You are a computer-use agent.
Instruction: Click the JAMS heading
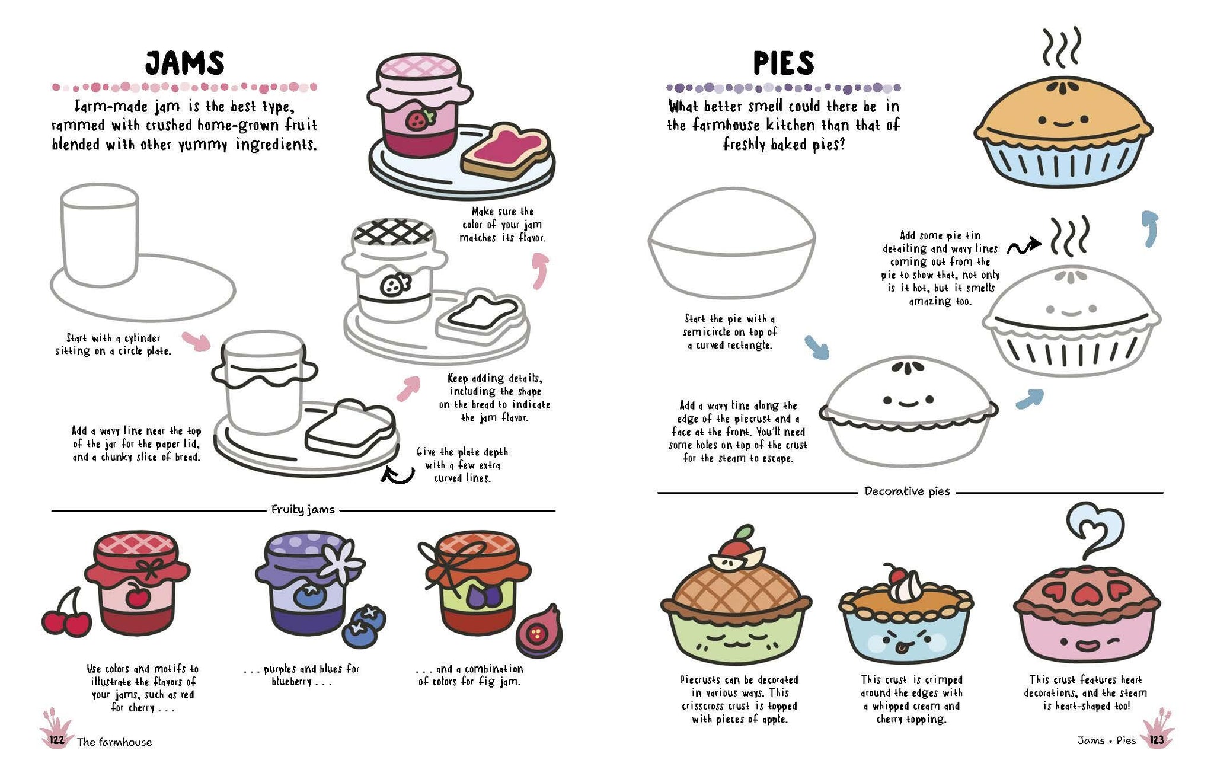pos(185,63)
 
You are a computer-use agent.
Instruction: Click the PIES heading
pos(784,63)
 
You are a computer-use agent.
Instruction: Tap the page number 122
pos(57,740)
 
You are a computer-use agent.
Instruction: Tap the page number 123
pos(1157,740)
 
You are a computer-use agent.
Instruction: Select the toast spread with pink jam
pos(505,151)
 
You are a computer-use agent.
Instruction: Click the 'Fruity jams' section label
pos(303,509)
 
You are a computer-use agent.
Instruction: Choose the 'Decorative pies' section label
pos(907,491)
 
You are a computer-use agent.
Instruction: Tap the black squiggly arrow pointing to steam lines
pos(1023,247)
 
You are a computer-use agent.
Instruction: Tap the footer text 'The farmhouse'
pos(114,742)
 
